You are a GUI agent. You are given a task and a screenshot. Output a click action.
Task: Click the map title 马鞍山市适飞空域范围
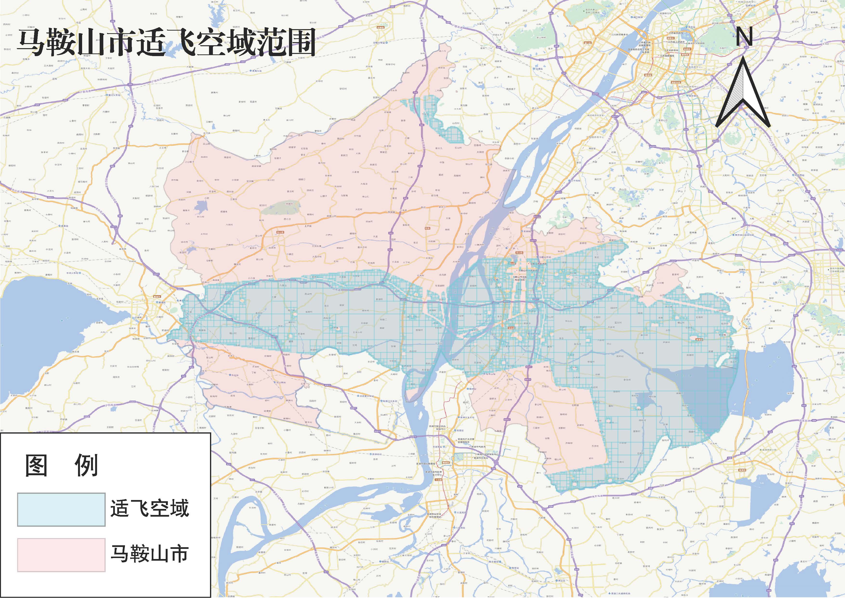click(166, 43)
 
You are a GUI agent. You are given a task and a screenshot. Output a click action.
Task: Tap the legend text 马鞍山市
click(150, 554)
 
